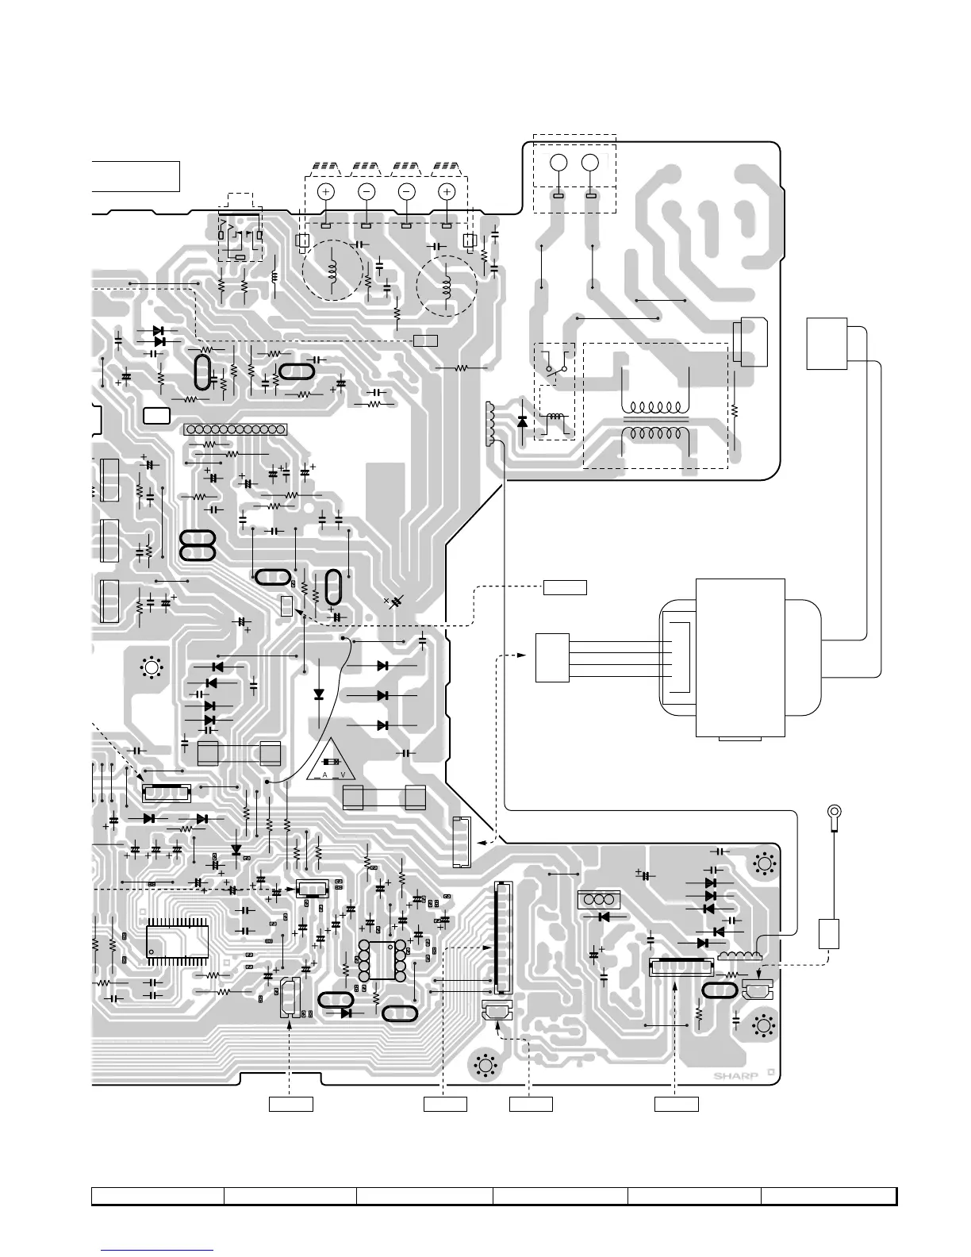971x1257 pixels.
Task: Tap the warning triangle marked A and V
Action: [x=332, y=760]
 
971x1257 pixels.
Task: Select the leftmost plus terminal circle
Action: [x=325, y=191]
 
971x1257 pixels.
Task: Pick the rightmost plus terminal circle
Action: [x=446, y=191]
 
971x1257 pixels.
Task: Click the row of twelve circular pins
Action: [x=235, y=429]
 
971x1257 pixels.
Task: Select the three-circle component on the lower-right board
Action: [x=599, y=901]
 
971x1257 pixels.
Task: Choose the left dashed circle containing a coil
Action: [x=332, y=270]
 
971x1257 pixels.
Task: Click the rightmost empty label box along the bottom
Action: [x=676, y=1103]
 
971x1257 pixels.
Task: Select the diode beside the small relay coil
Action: [x=522, y=421]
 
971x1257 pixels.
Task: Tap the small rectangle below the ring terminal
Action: [x=829, y=932]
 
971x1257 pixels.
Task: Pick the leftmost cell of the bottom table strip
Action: [x=157, y=1196]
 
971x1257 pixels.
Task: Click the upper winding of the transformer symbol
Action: [x=656, y=407]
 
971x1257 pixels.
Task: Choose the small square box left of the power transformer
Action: [x=552, y=657]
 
